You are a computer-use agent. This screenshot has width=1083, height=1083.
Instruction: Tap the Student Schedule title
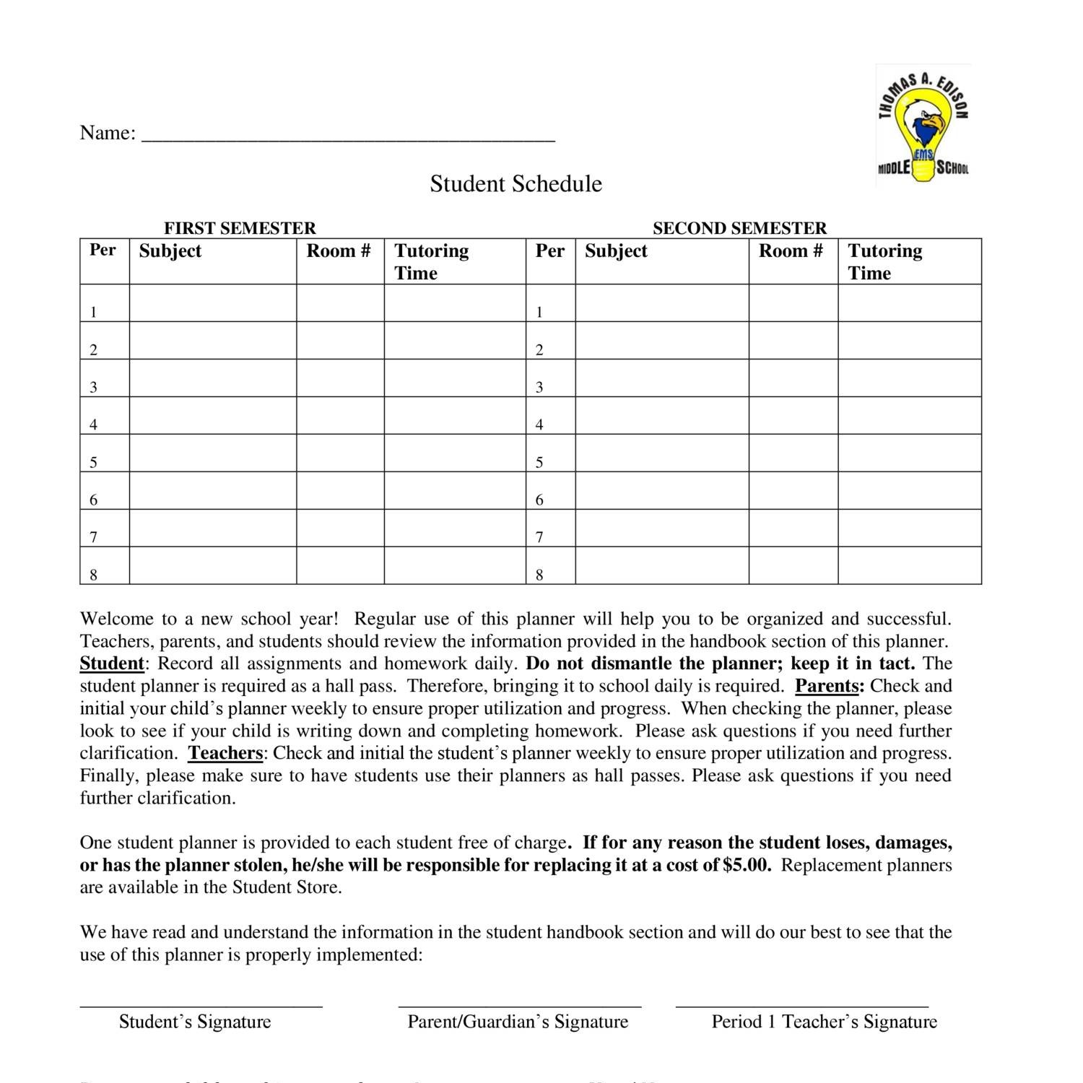pyautogui.click(x=516, y=183)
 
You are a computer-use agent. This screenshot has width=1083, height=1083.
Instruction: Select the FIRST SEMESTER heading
pyautogui.click(x=240, y=228)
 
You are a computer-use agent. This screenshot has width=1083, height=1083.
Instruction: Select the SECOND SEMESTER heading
pyautogui.click(x=739, y=228)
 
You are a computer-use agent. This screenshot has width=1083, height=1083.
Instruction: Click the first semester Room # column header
pyautogui.click(x=339, y=251)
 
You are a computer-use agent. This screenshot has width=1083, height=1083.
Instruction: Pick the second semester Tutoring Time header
pyautogui.click(x=884, y=261)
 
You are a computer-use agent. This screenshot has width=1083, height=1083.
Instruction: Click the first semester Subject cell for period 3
pyautogui.click(x=212, y=378)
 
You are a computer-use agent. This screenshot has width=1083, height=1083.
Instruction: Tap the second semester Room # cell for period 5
pyautogui.click(x=793, y=453)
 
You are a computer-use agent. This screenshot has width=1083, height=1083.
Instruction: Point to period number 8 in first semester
pyautogui.click(x=94, y=575)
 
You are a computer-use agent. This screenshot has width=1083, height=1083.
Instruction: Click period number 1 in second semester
pyautogui.click(x=539, y=312)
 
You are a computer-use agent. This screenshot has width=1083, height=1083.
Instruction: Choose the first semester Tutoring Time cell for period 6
pyautogui.click(x=454, y=490)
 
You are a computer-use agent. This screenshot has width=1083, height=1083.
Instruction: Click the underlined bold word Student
pyautogui.click(x=111, y=664)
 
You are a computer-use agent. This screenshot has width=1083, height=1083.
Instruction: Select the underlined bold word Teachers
pyautogui.click(x=225, y=753)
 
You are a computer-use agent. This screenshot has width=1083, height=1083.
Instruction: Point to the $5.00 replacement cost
pyautogui.click(x=747, y=865)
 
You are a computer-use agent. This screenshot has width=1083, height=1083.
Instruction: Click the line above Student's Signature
pyautogui.click(x=201, y=1005)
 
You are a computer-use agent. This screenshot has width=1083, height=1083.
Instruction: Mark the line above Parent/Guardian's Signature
pyautogui.click(x=519, y=1005)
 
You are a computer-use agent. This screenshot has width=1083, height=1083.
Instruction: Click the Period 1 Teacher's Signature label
pyautogui.click(x=824, y=1022)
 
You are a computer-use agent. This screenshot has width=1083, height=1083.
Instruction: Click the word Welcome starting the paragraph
pyautogui.click(x=116, y=619)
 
